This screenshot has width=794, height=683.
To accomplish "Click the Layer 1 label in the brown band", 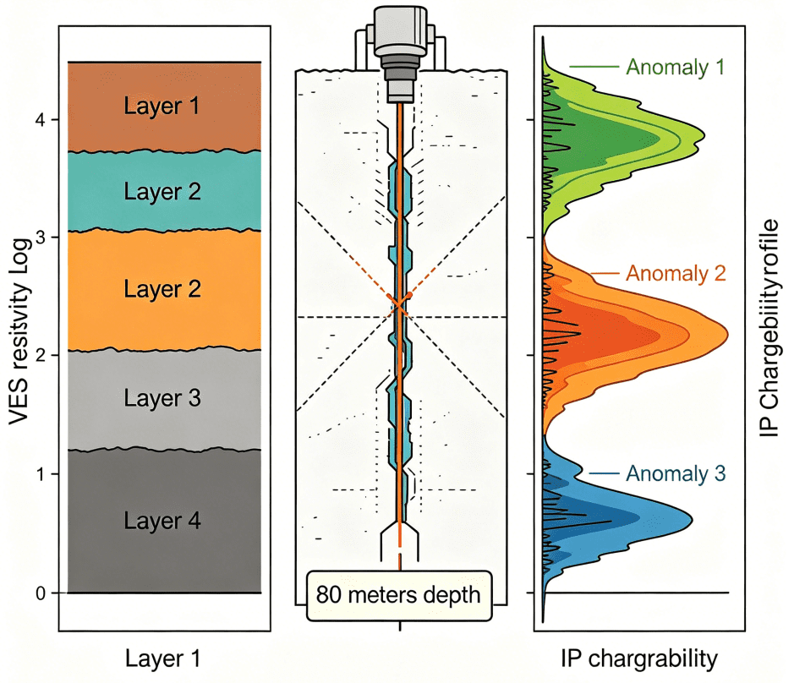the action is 162,106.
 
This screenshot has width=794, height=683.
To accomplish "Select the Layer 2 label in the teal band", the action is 162,191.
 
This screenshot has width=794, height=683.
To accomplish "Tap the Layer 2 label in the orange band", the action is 162,289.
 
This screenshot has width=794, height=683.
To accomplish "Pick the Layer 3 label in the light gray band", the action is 162,398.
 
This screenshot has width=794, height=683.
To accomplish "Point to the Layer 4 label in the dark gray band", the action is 162,521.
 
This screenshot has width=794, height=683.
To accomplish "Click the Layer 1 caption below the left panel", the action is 163,658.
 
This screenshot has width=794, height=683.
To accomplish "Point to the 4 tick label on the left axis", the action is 40,120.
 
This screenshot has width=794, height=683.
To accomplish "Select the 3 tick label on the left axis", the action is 41,238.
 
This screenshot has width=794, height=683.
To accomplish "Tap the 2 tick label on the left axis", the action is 41,355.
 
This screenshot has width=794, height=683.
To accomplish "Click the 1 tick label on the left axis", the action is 41,474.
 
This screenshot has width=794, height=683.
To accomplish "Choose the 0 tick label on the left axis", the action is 41,593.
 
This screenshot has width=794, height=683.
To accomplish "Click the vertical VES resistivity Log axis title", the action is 19,331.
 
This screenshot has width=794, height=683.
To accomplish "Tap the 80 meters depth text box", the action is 399,595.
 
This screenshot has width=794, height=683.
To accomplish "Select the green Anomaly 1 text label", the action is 676,67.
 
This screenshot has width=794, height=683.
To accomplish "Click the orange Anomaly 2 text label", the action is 676,273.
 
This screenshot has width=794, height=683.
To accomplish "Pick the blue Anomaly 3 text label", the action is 676,473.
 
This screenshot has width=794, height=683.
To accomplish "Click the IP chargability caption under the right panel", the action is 639,659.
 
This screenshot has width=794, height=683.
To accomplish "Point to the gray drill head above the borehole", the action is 400,53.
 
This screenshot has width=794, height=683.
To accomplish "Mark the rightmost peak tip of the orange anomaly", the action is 728,335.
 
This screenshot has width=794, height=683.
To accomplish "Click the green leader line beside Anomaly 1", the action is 594,66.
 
